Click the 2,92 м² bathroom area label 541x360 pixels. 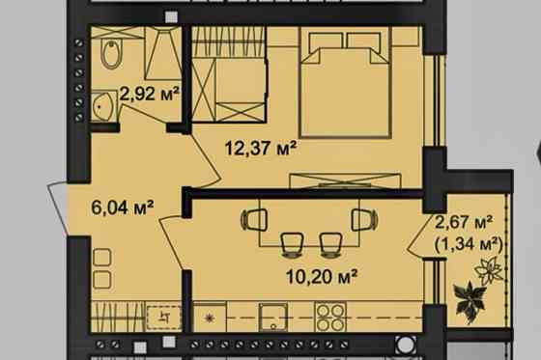point(150,94)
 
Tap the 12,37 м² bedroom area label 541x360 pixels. point(261,149)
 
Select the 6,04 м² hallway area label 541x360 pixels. point(123,208)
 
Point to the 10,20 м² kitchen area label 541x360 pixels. point(322,276)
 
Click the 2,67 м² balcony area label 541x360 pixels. point(464,222)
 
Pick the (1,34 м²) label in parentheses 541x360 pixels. point(469,245)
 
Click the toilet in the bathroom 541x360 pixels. point(111,54)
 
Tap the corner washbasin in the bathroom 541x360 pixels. point(102,106)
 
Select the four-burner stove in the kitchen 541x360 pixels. point(330,317)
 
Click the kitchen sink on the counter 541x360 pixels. point(273,317)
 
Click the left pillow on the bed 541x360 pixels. point(326,41)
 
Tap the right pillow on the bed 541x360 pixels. point(364,41)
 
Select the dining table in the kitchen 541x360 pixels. point(309,222)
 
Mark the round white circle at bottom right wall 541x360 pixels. point(406,345)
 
